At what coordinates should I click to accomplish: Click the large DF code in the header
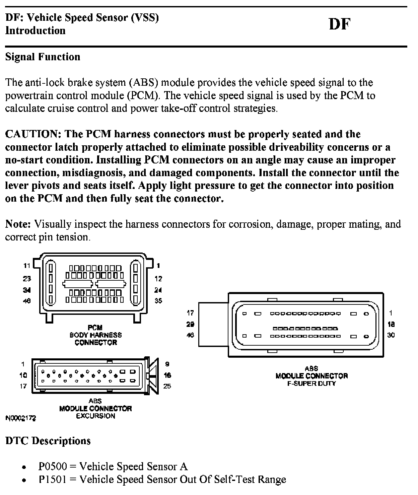coord(339,24)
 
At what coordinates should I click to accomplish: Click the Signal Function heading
coord(43,57)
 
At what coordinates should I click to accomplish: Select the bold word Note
coord(18,224)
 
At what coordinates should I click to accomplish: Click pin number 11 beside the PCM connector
coord(27,266)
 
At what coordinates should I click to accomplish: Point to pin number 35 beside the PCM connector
coord(158,300)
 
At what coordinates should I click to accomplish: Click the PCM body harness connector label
coord(96,335)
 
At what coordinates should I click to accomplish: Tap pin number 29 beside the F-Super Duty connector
coord(190,324)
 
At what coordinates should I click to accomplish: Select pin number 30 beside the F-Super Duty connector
coord(391,335)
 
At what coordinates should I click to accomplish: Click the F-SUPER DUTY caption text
coord(311,383)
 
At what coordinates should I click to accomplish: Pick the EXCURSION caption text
coord(96,416)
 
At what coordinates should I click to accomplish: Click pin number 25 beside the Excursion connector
coord(167,386)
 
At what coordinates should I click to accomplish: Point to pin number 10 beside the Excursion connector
coord(23,375)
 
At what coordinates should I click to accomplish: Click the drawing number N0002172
coord(21,418)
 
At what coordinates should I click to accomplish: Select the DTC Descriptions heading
coord(48,441)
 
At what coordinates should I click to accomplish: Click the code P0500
coord(53,467)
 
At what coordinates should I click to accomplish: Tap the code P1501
coord(53,479)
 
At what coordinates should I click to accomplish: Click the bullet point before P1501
coord(24,480)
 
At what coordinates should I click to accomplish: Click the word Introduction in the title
coord(35,30)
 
